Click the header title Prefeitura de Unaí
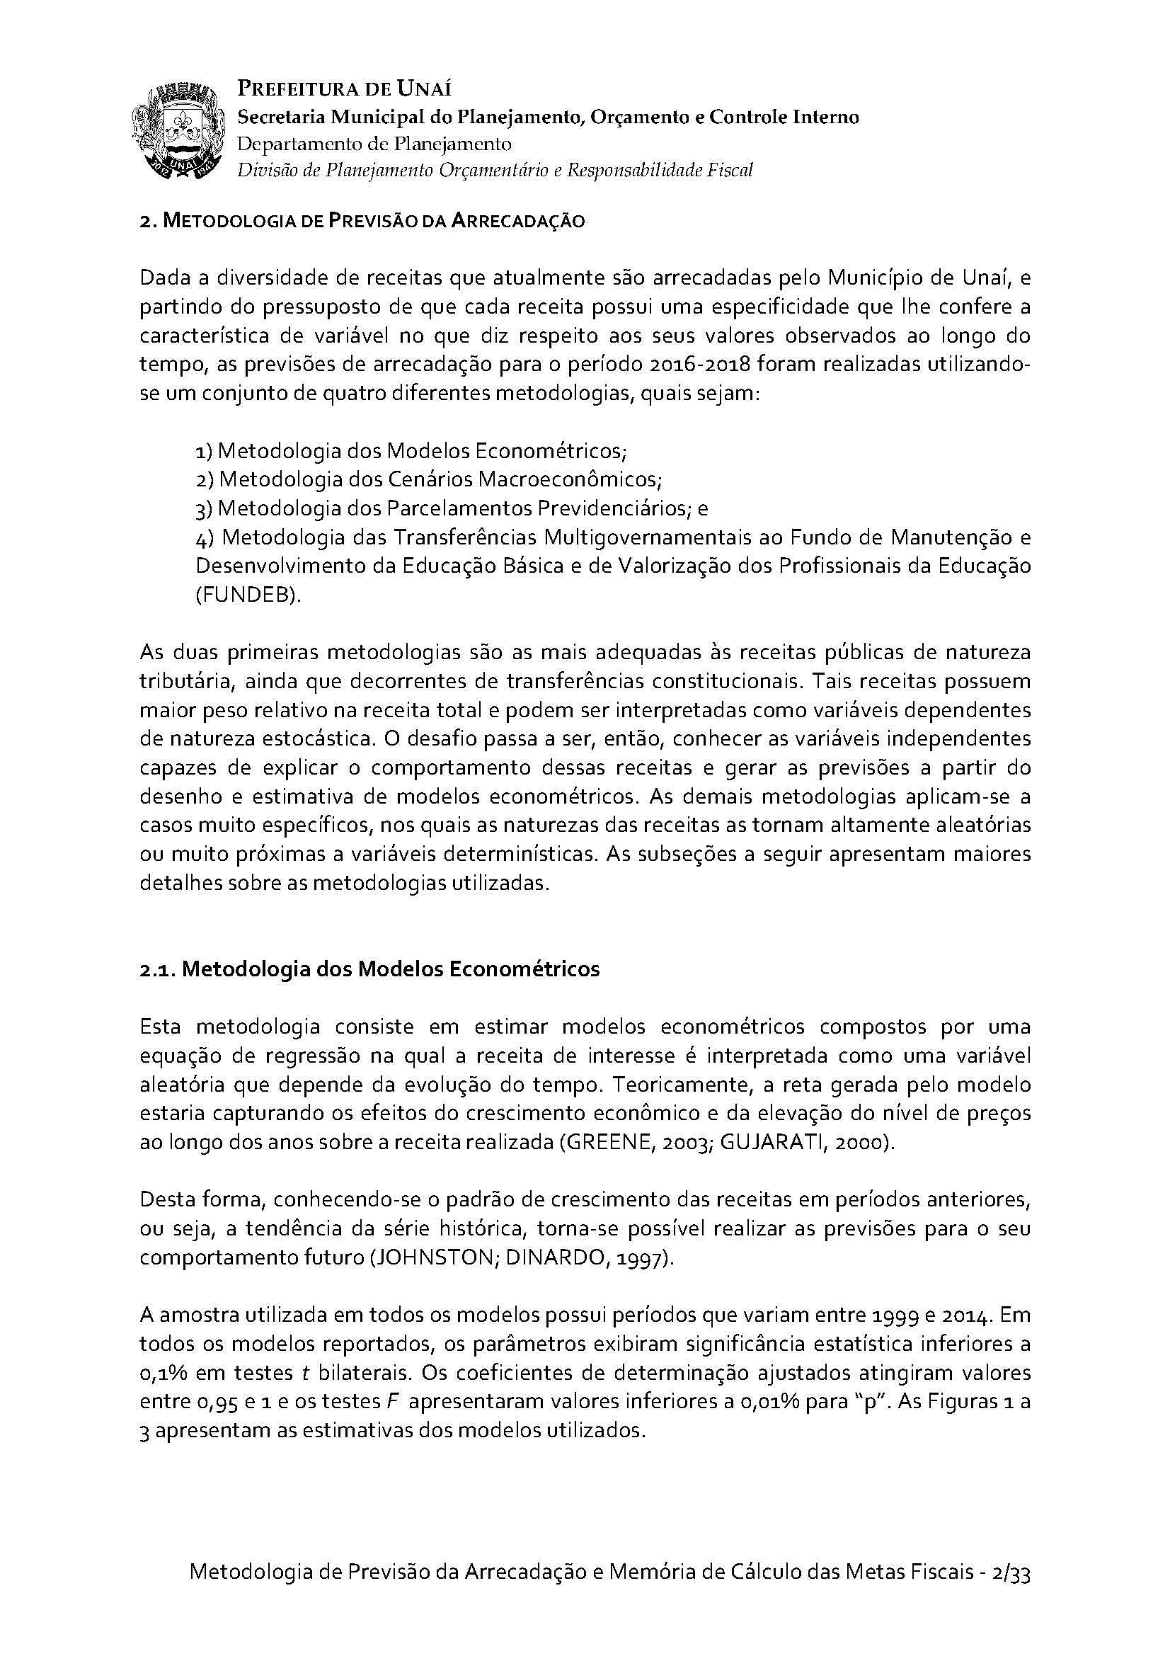tap(345, 89)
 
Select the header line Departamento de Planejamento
tap(374, 144)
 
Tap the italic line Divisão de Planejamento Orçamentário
tap(495, 171)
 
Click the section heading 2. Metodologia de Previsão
tap(362, 221)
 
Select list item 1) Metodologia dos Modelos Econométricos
tap(411, 451)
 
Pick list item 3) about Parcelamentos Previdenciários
tap(452, 508)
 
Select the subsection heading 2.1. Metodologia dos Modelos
tap(369, 969)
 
